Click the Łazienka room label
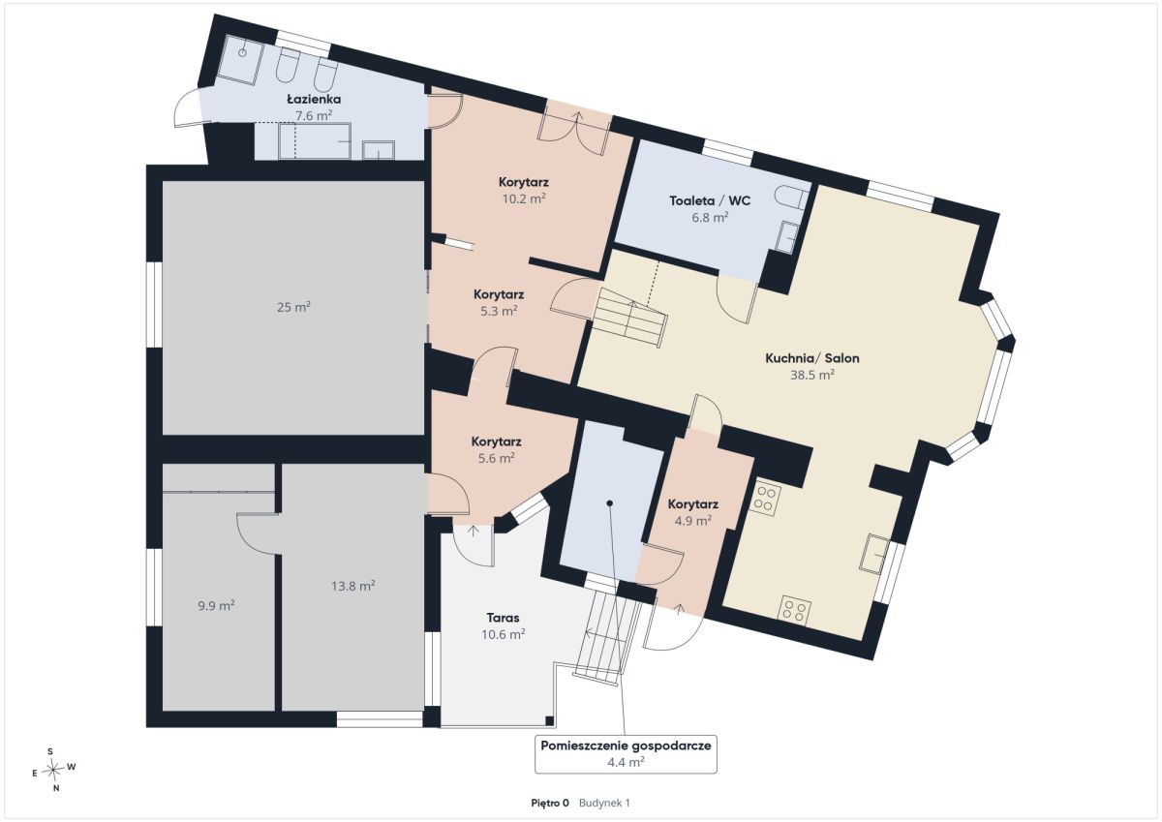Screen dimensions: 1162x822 click(x=314, y=99)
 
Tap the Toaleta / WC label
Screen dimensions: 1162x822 click(x=710, y=200)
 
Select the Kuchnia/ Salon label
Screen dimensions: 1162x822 click(x=812, y=358)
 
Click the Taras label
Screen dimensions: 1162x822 click(x=503, y=618)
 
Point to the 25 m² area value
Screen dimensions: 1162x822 click(x=293, y=307)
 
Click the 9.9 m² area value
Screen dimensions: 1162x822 click(x=216, y=605)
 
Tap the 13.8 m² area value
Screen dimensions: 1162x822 click(x=353, y=586)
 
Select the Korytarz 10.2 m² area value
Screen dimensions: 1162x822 click(x=524, y=198)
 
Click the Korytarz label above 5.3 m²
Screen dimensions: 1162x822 click(x=499, y=294)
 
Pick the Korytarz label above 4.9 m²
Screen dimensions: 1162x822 click(x=693, y=504)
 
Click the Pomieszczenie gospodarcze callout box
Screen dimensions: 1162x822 click(x=626, y=754)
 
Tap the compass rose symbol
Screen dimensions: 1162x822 click(x=53, y=770)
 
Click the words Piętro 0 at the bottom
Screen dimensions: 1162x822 click(x=550, y=804)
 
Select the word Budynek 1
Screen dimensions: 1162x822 click(x=604, y=804)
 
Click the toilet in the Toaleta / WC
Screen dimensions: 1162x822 click(x=792, y=197)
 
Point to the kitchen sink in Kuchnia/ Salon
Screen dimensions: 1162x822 click(x=874, y=554)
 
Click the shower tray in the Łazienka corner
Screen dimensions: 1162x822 click(x=240, y=60)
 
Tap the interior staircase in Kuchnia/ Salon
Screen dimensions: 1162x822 click(x=629, y=318)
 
